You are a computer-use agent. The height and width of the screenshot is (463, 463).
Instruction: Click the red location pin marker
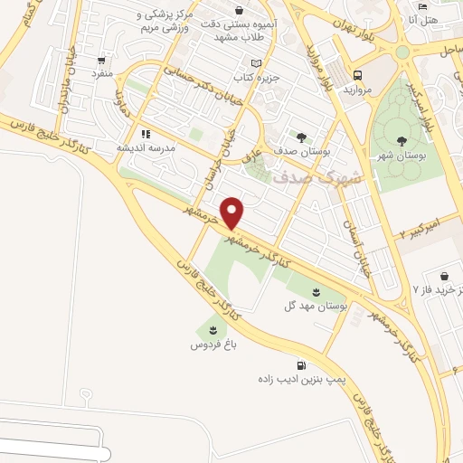(233, 213)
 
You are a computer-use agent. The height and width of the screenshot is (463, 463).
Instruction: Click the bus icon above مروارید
(358, 75)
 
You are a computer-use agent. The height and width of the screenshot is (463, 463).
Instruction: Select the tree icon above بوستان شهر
(399, 140)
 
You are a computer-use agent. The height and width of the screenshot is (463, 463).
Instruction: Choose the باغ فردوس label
(213, 345)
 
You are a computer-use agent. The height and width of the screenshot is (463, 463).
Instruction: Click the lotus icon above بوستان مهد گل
(317, 291)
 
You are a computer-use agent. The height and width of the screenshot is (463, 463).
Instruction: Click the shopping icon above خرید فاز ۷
(444, 276)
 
